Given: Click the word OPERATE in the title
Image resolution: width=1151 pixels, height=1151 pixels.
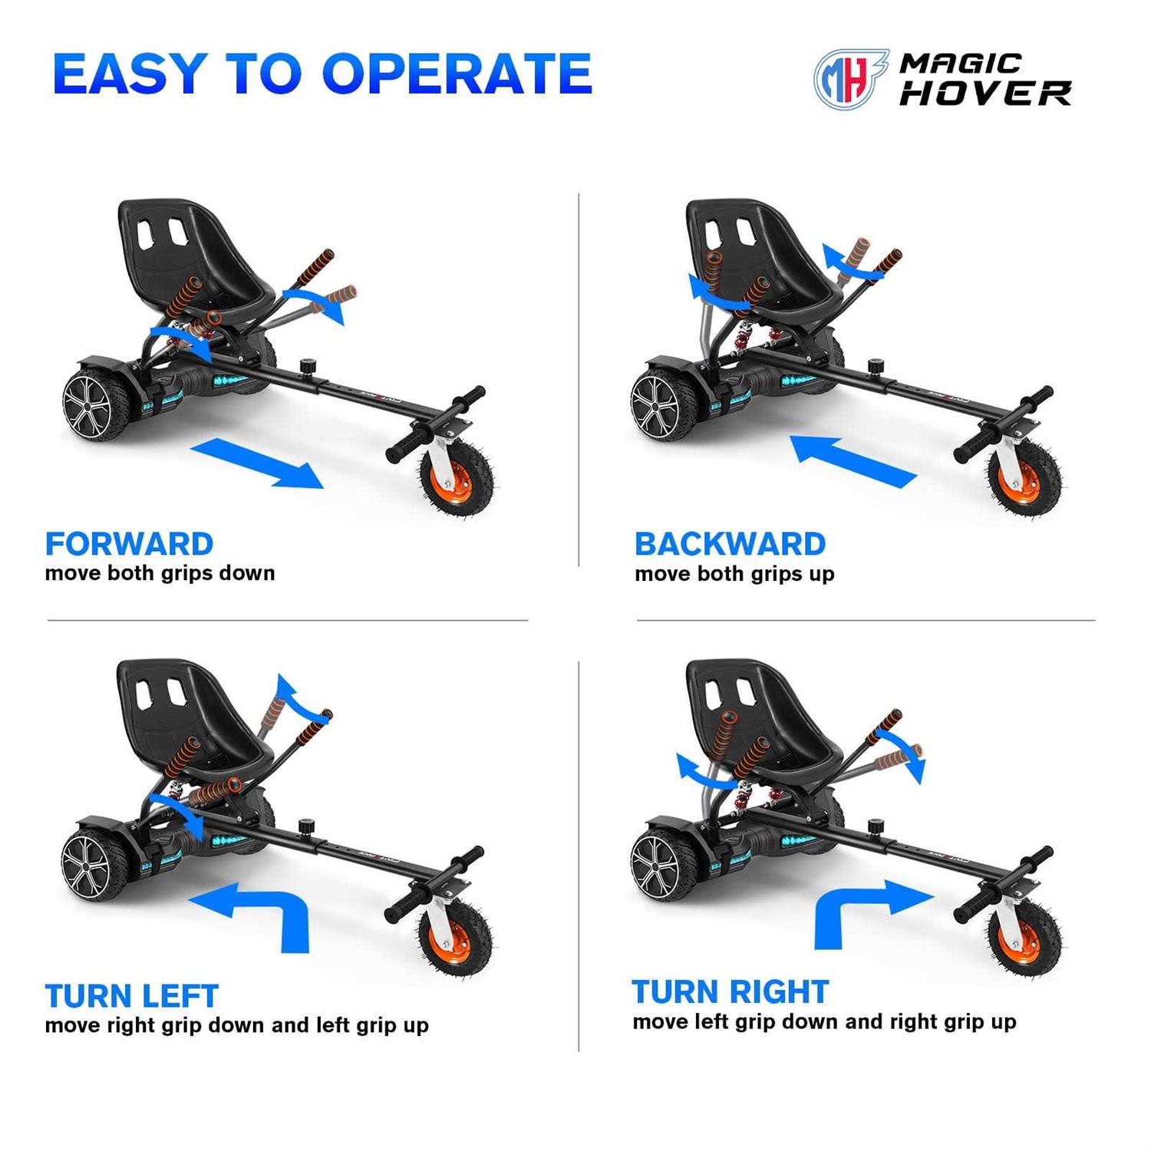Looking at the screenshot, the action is pyautogui.click(x=457, y=74).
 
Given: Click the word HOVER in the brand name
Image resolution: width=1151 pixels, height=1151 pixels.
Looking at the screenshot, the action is pyautogui.click(x=985, y=94).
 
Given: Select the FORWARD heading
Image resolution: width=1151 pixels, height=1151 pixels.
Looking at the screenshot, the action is pyautogui.click(x=129, y=544).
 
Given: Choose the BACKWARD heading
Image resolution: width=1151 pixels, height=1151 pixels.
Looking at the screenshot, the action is pyautogui.click(x=730, y=544).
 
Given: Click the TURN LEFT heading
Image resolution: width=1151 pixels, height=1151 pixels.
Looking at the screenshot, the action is pyautogui.click(x=132, y=996).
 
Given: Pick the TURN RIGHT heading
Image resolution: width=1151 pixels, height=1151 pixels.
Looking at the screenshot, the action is pyautogui.click(x=730, y=991).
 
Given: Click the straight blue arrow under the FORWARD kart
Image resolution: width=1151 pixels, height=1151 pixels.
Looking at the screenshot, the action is pyautogui.click(x=257, y=463).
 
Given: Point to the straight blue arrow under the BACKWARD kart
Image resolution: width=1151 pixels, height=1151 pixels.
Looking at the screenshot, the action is pyautogui.click(x=853, y=460).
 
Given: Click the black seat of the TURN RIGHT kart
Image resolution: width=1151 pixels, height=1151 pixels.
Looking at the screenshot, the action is pyautogui.click(x=764, y=717).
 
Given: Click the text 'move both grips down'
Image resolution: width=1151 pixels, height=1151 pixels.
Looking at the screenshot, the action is pyautogui.click(x=160, y=573).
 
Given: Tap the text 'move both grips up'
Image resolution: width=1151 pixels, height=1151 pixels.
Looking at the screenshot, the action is pyautogui.click(x=734, y=574).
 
